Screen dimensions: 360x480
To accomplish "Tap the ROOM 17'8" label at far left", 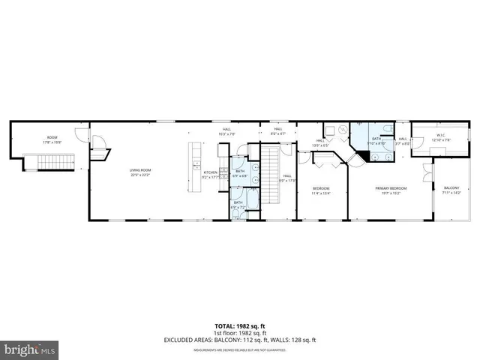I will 52,139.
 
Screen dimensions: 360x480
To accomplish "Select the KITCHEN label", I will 211,175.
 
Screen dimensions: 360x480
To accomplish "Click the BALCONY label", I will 451,190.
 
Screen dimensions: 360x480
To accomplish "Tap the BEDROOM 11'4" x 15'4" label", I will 321,190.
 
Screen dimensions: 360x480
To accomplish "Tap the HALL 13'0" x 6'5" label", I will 321,143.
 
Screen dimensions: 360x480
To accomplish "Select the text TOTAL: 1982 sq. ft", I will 239,326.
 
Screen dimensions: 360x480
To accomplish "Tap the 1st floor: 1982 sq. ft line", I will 239,332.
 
